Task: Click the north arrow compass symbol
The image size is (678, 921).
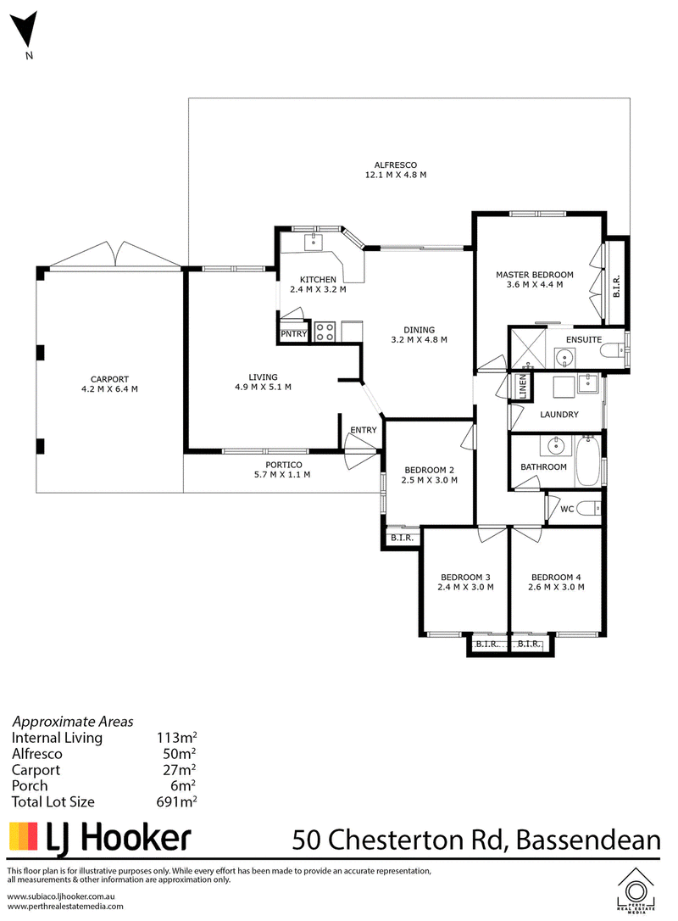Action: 24,31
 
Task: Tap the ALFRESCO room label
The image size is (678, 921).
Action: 395,165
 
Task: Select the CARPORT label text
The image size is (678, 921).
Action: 110,379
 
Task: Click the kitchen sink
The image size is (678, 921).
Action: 314,241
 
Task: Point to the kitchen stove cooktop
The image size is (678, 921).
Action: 325,332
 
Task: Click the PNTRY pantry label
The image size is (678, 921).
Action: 293,333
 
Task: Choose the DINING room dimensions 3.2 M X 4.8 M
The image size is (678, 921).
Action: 420,339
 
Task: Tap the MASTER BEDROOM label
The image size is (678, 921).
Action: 534,274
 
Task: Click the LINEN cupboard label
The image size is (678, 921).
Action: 522,387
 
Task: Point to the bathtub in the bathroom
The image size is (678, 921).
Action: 587,460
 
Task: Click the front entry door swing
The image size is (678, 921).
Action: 360,458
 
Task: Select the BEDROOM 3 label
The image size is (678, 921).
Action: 465,577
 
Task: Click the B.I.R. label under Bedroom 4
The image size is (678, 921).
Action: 529,645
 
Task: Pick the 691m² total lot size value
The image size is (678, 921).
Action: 176,801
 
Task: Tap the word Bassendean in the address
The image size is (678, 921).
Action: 588,840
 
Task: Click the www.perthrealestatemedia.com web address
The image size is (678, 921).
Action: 65,907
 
